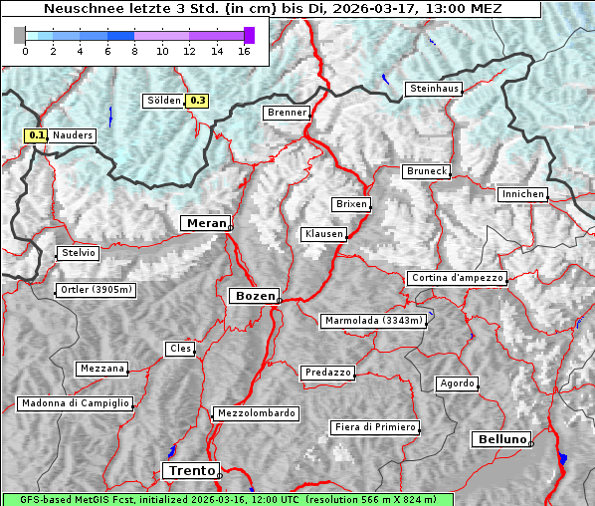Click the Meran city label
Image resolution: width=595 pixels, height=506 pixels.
click(205, 223)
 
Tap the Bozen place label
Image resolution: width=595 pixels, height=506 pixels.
click(253, 296)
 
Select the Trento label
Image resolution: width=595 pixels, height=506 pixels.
click(190, 470)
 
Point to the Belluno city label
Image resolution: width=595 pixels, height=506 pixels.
click(500, 438)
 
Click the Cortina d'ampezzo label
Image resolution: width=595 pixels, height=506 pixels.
click(457, 278)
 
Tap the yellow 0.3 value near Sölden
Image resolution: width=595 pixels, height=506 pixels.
click(198, 101)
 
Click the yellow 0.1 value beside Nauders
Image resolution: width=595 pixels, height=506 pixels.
click(37, 135)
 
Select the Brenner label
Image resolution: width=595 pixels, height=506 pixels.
click(287, 113)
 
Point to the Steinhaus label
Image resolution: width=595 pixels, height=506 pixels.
click(435, 90)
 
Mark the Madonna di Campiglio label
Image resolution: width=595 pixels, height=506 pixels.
click(75, 403)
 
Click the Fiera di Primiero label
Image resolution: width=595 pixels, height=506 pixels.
click(374, 427)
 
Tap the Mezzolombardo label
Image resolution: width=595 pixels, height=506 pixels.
click(255, 413)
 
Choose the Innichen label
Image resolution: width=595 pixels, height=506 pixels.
click(522, 194)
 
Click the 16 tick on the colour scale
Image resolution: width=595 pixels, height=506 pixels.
click(244, 51)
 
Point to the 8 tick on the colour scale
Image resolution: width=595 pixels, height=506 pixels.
click(134, 51)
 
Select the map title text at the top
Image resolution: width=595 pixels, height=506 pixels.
click(272, 9)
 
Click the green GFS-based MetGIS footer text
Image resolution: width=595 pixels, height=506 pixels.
click(227, 499)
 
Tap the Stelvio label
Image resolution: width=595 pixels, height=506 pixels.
click(78, 253)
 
